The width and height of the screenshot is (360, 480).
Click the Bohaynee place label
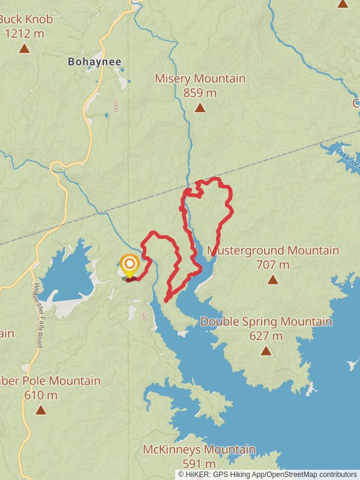click(x=95, y=62)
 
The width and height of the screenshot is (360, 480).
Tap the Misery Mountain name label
click(x=200, y=79)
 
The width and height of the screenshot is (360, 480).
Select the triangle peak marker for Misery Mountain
click(x=200, y=108)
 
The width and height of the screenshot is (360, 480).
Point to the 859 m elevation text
click(x=200, y=93)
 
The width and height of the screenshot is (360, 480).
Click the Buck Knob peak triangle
click(x=24, y=49)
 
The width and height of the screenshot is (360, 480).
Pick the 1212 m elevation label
click(x=24, y=34)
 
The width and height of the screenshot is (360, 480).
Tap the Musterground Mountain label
click(x=273, y=250)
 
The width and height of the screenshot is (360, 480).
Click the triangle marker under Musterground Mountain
click(x=273, y=279)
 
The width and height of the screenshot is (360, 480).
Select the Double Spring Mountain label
click(x=266, y=322)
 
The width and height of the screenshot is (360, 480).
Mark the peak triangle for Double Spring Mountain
click(x=266, y=350)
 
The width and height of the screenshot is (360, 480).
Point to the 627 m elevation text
click(x=266, y=336)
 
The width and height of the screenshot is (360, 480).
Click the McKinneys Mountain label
click(x=199, y=449)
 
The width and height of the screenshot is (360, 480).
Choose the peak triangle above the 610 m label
click(x=40, y=410)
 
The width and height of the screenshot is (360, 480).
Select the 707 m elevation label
click(x=273, y=265)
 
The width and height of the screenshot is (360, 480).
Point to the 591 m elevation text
click(x=199, y=464)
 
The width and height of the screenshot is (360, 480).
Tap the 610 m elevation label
click(x=40, y=395)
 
